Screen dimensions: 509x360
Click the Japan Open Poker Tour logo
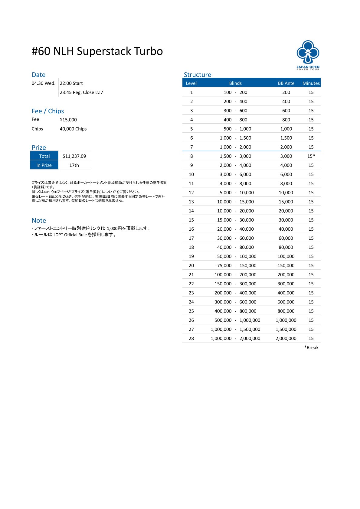[308, 55]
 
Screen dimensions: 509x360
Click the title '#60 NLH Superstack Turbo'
[97, 51]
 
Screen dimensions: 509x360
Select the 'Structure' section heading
[197, 75]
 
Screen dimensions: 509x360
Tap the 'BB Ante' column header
[286, 83]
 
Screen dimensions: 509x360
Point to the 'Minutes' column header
[311, 83]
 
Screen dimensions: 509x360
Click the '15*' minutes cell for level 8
[311, 156]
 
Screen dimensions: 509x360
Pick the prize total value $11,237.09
[74, 156]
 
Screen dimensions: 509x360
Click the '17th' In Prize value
[74, 165]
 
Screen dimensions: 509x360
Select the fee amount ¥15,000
[68, 120]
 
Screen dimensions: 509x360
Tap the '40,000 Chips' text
[73, 129]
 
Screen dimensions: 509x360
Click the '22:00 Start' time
[71, 83]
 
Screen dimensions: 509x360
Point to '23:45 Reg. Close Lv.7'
[81, 92]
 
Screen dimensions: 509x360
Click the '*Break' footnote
[311, 347]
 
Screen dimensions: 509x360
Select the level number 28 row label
[191, 338]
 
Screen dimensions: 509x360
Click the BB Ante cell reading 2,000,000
[286, 338]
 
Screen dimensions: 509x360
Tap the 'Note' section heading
[39, 220]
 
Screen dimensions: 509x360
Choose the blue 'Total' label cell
[44, 156]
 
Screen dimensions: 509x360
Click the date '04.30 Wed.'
[44, 83]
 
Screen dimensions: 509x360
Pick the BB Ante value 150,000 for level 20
[286, 265]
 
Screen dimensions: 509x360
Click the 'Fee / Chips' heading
[47, 111]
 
